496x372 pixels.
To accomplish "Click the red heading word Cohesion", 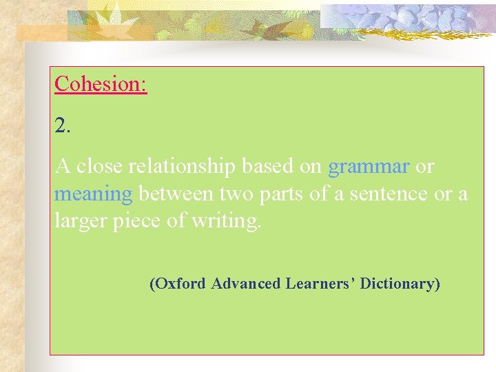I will pos(100,84).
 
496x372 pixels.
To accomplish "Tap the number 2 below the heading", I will pos(62,125).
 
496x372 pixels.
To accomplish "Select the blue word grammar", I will pos(369,167).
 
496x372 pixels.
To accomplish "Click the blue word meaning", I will pos(93,195).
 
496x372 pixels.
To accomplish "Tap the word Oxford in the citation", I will pos(178,283).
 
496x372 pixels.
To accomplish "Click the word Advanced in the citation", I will pos(246,283).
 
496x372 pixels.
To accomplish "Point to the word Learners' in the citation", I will pos(320,283).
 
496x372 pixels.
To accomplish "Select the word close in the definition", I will pos(98,167).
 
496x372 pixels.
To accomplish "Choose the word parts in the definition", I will pos(282,195).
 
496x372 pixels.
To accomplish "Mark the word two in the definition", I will pos(238,194).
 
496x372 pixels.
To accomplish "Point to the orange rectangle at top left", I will pos(41,32).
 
